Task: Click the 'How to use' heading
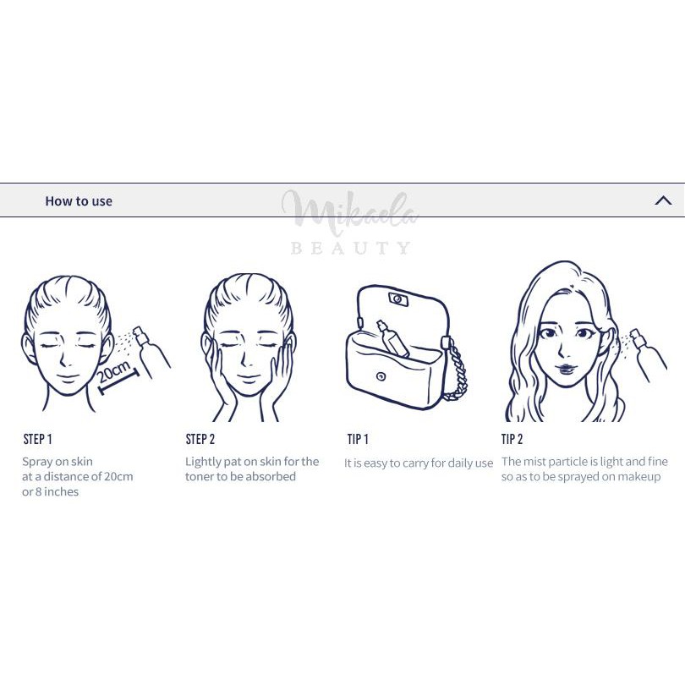click(x=79, y=201)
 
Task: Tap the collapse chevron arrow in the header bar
click(x=663, y=200)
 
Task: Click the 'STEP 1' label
click(x=37, y=439)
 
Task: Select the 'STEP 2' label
click(x=200, y=439)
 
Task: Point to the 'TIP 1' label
click(x=358, y=439)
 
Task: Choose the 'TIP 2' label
click(x=512, y=439)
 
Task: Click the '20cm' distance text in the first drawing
click(x=113, y=371)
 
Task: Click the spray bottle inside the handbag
click(x=392, y=338)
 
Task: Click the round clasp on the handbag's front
click(x=381, y=376)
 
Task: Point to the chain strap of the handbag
click(x=455, y=370)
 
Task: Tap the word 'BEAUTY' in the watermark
click(x=350, y=248)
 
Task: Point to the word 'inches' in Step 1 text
click(x=61, y=492)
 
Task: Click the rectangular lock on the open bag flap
click(x=398, y=299)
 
